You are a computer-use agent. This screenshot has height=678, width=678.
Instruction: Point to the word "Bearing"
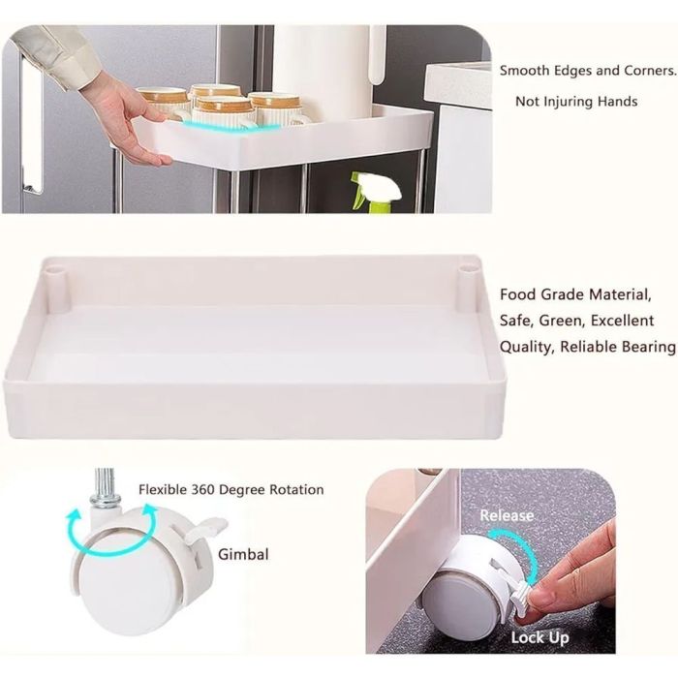649,347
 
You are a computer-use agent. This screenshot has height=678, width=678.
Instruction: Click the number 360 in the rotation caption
202,490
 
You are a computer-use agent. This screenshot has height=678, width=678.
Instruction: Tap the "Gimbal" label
243,555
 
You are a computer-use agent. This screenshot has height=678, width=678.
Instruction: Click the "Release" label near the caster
507,515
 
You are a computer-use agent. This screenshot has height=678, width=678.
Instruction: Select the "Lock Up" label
540,637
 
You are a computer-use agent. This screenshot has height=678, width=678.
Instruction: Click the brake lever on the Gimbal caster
206,530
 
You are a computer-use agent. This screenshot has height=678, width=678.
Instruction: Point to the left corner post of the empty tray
56,289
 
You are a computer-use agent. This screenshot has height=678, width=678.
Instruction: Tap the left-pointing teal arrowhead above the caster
74,516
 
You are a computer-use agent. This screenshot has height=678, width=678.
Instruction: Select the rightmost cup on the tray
275,108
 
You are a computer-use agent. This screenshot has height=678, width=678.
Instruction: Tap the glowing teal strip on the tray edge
231,125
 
